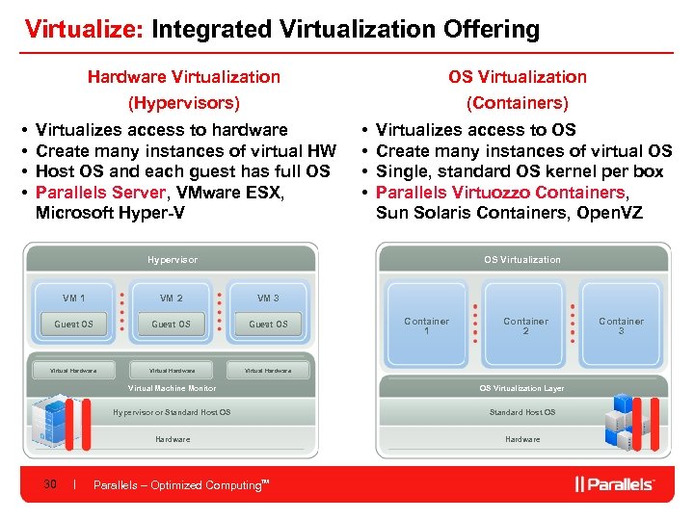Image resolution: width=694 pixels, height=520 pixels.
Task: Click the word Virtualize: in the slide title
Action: (x=84, y=29)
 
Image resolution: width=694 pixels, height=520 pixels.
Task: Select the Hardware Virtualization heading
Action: (x=184, y=77)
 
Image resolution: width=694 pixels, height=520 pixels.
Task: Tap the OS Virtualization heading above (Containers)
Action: (x=518, y=77)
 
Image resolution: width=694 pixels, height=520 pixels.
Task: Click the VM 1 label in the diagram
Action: (x=74, y=299)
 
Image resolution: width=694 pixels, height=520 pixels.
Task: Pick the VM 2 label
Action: (x=172, y=299)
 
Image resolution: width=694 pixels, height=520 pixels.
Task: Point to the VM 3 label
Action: (x=268, y=299)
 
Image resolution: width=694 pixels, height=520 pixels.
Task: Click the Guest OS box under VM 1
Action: (x=74, y=325)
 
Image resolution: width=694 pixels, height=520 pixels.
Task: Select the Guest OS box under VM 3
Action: (x=268, y=325)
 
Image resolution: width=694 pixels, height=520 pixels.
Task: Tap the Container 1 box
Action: (x=427, y=325)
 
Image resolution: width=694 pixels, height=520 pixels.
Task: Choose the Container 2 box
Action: (x=526, y=325)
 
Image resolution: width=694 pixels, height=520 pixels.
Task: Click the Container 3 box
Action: (x=622, y=325)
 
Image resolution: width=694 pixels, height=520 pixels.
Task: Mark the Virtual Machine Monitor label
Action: (x=173, y=388)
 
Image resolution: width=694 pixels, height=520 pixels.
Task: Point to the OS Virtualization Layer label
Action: (x=522, y=388)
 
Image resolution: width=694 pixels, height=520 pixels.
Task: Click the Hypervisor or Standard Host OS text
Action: (x=172, y=412)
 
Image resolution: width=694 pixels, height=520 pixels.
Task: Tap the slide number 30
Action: (x=51, y=484)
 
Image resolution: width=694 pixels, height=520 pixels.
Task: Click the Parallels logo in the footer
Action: (x=614, y=484)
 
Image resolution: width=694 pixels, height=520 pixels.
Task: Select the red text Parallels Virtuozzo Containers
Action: (x=500, y=193)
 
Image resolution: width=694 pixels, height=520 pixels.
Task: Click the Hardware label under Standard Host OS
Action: (x=522, y=439)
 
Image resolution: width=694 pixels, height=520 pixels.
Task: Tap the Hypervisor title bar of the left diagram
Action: (x=173, y=260)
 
